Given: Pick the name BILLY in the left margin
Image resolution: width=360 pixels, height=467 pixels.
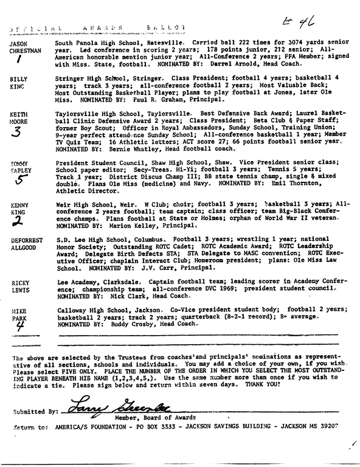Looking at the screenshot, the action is [18, 80].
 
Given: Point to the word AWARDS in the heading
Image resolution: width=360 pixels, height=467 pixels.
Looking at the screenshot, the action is [107, 29].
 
